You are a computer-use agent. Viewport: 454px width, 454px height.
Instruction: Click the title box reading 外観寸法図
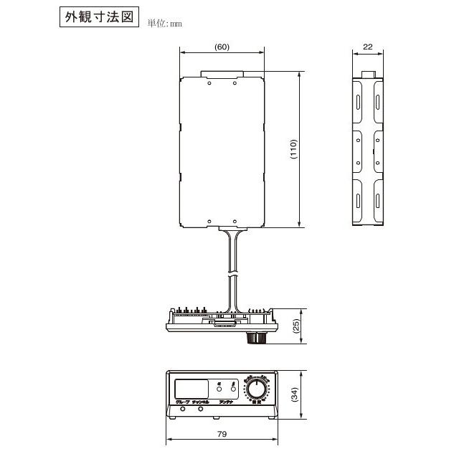pyautogui.click(x=98, y=17)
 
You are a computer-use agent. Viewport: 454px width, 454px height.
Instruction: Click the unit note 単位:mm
pyautogui.click(x=166, y=23)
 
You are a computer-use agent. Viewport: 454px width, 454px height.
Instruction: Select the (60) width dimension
pyautogui.click(x=222, y=47)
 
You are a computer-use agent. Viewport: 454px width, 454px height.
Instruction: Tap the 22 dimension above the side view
pyautogui.click(x=368, y=47)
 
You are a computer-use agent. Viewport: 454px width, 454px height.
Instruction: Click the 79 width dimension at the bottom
pyautogui.click(x=222, y=435)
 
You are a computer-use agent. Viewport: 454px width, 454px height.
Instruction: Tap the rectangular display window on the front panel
pyautogui.click(x=190, y=388)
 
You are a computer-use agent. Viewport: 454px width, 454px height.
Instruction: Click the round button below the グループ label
pyautogui.click(x=181, y=410)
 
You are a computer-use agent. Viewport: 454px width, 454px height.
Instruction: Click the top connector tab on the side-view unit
pyautogui.click(x=369, y=74)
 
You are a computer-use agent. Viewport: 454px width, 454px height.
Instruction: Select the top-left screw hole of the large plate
pyautogui.click(x=209, y=82)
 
